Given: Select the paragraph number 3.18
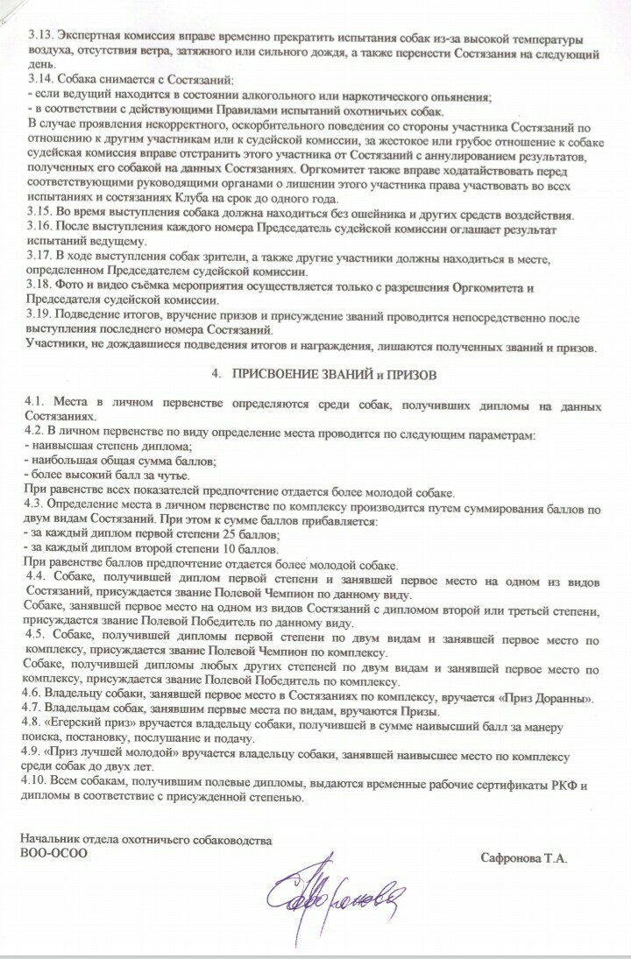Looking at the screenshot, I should click(39, 288).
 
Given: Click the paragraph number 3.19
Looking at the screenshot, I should click(39, 319).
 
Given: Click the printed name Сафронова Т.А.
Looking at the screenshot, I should click(524, 859).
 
